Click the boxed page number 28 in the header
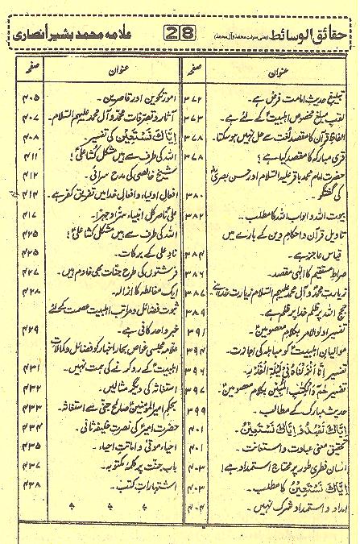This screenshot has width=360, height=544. [x=176, y=34]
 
